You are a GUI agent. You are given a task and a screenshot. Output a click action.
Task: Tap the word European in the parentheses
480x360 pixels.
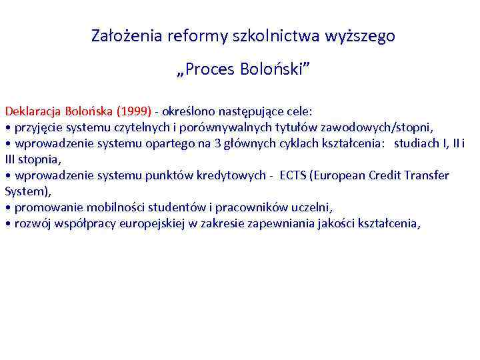point(345,175)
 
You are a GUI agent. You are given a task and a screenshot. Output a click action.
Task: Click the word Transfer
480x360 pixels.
point(427,175)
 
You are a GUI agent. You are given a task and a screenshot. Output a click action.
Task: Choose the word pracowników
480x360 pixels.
point(242,207)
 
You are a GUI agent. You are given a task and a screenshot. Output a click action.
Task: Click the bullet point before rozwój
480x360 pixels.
point(7,224)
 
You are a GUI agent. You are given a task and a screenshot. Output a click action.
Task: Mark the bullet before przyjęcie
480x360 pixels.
point(7,127)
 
